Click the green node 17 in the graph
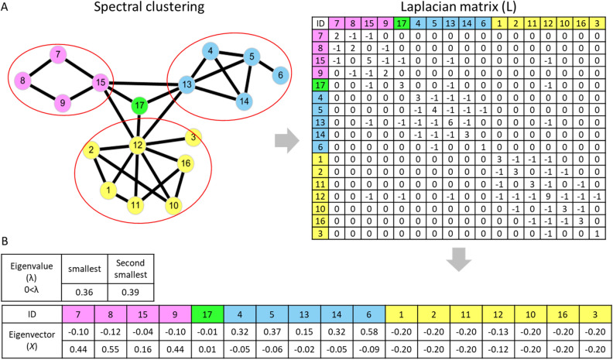pyautogui.click(x=139, y=106)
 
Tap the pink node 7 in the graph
pyautogui.click(x=58, y=55)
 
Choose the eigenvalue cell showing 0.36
pyautogui.click(x=80, y=293)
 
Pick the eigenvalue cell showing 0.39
pyautogui.click(x=124, y=293)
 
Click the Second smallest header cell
pyautogui.click(x=124, y=268)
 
